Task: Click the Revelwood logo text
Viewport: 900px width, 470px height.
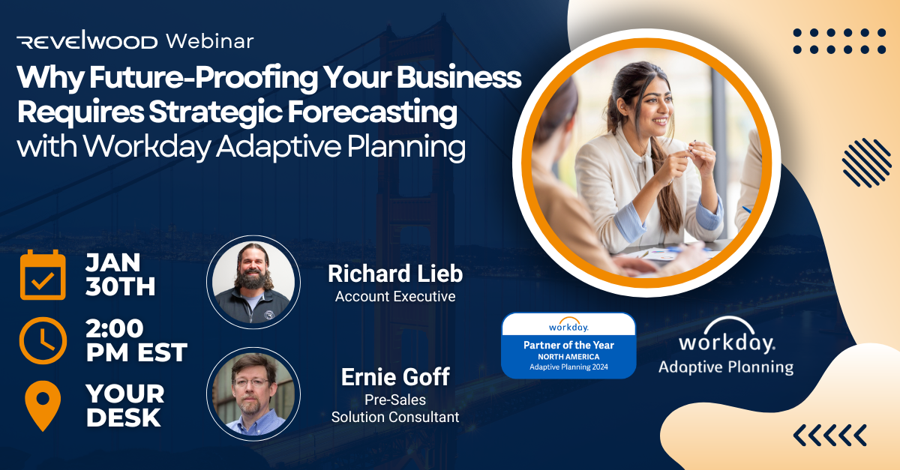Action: [88, 41]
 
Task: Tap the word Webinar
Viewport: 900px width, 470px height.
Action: [209, 40]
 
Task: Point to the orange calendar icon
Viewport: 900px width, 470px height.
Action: [43, 276]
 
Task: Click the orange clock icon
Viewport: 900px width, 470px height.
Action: [43, 341]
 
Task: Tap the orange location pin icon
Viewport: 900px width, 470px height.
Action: [43, 406]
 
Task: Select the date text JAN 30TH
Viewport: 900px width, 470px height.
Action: [120, 275]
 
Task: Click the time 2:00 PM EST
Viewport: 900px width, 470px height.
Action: [136, 340]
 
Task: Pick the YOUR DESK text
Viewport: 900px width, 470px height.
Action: [124, 406]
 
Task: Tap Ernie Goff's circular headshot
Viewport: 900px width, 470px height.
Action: [253, 394]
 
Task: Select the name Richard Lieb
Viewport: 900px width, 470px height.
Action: [395, 274]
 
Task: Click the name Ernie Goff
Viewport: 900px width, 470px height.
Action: [395, 377]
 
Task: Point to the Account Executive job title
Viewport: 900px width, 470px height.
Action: [395, 296]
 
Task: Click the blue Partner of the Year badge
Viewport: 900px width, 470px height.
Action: [568, 345]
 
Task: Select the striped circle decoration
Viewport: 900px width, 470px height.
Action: [865, 162]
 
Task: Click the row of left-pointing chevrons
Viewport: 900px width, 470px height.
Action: [829, 433]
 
